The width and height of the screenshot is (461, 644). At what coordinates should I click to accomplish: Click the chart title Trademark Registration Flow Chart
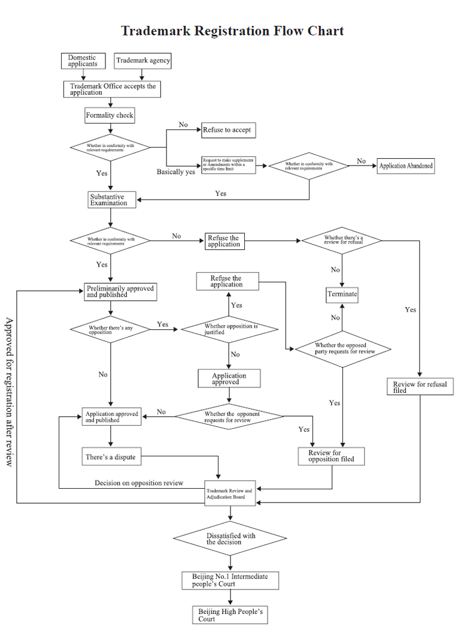click(232, 31)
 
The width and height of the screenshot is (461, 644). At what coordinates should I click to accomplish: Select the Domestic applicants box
click(83, 61)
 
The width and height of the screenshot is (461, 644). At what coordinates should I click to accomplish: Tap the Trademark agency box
click(142, 61)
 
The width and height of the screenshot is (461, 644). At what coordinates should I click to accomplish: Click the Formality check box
click(110, 115)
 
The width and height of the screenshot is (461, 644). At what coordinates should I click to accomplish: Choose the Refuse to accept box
click(226, 130)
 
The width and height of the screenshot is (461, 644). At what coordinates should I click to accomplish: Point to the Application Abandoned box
click(406, 166)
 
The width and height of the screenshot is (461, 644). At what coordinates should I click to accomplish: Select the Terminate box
click(342, 294)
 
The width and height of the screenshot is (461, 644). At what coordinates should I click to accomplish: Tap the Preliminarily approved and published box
click(120, 291)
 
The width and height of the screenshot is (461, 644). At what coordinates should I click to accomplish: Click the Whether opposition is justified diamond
click(229, 329)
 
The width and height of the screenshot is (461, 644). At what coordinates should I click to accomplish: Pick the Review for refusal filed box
click(420, 387)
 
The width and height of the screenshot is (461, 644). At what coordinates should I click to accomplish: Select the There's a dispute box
click(111, 457)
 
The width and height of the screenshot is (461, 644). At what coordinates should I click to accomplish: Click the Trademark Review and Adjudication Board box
click(230, 493)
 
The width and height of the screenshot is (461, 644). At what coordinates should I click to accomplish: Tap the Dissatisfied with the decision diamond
click(230, 538)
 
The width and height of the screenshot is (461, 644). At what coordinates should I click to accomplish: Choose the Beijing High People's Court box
click(230, 615)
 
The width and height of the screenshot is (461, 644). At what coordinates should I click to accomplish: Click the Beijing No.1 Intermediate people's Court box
click(230, 580)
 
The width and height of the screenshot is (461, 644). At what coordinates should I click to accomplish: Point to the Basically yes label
click(176, 171)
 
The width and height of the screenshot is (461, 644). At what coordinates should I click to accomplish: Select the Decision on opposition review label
click(139, 483)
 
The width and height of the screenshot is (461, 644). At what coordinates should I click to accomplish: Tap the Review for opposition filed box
click(331, 456)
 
